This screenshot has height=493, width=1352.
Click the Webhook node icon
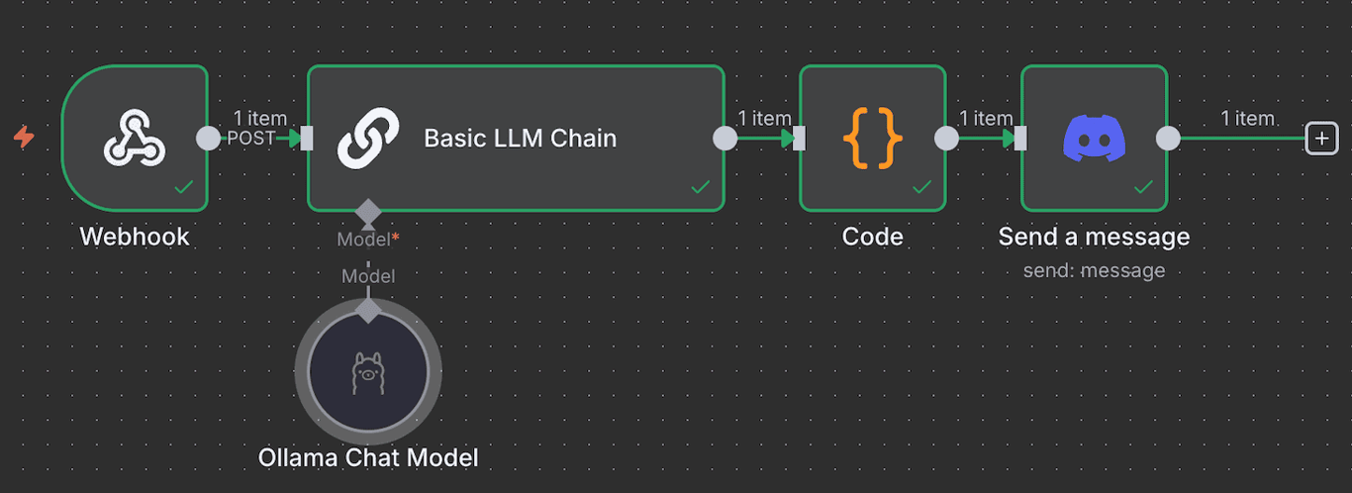pos(135,138)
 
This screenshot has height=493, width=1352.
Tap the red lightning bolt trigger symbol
pos(24,138)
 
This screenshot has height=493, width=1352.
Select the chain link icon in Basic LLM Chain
pos(368,138)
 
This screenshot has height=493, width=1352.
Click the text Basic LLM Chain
pos(520,139)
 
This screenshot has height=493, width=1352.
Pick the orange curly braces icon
pos(872,138)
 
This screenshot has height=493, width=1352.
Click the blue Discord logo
pos(1094,138)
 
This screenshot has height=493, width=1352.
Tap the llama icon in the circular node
pos(368,373)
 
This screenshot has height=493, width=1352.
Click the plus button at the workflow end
pos(1321,139)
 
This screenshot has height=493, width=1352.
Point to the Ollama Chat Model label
pos(368,457)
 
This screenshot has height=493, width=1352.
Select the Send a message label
pos(1094,237)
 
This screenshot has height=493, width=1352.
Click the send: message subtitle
pos(1094,270)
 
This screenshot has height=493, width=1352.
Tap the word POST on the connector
pos(250,139)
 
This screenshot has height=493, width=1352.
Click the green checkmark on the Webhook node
pos(183,186)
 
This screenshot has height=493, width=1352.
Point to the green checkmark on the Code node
pos(921,186)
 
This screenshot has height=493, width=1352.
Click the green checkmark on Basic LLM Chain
pos(700,186)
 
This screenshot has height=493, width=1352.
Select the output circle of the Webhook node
pos(208,139)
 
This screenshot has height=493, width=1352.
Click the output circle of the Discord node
pos(1168,139)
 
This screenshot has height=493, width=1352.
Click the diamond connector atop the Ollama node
pos(368,311)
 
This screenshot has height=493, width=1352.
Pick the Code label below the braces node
pos(872,237)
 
